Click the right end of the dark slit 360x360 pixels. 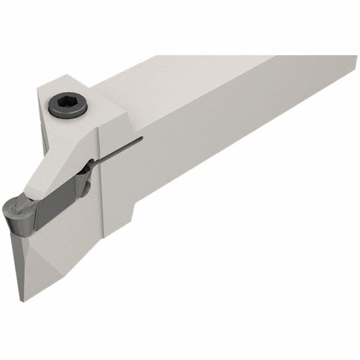[142, 139]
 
